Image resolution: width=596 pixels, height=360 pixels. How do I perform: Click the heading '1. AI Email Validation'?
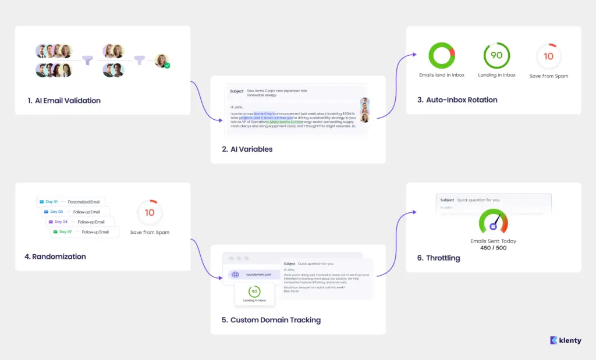[x=64, y=101]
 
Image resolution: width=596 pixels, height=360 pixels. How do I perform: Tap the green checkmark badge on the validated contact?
[x=167, y=66]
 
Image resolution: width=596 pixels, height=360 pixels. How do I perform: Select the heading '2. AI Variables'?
[x=247, y=149]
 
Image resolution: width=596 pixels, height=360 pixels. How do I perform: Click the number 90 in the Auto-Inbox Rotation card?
[x=496, y=56]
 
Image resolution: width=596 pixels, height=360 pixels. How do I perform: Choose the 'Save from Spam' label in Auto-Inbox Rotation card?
[x=548, y=76]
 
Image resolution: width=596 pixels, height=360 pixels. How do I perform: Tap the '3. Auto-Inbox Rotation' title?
[x=457, y=100]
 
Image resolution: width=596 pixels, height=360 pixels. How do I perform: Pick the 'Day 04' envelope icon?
[x=51, y=222]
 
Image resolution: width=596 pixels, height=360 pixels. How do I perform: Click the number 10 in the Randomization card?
[x=150, y=213]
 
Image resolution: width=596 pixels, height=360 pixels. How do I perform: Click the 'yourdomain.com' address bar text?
[x=258, y=275]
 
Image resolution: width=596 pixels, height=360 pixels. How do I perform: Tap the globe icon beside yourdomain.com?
[x=235, y=275]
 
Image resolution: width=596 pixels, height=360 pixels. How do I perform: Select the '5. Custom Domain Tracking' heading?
[x=271, y=320]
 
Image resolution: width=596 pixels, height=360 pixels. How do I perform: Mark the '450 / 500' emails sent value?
[x=493, y=248]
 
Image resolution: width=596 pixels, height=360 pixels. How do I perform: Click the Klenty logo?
[x=565, y=341]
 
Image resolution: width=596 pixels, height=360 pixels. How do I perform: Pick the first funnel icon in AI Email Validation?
[x=88, y=60]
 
